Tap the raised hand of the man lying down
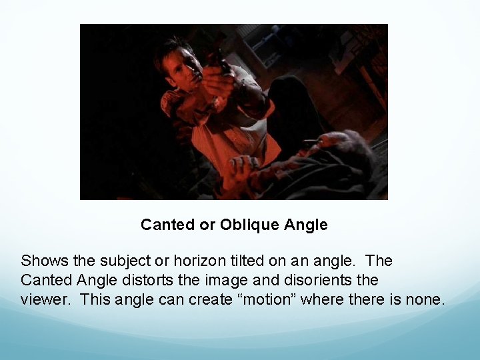pyautogui.click(x=243, y=167)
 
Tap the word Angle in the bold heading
pyautogui.click(x=306, y=225)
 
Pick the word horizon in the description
pyautogui.click(x=187, y=259)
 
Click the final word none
pyautogui.click(x=423, y=299)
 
